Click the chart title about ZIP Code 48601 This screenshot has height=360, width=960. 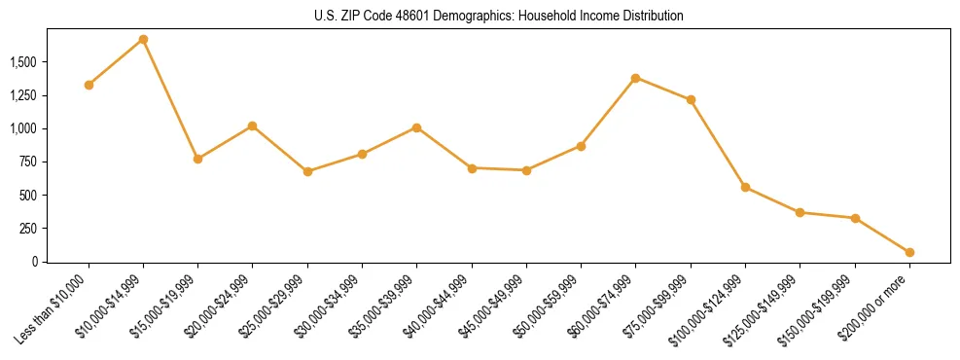click(499, 17)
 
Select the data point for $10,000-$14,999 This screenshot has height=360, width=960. click(143, 40)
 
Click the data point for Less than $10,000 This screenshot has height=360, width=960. click(89, 85)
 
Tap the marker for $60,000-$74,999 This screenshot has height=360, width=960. click(635, 78)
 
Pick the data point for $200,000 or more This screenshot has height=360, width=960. click(909, 252)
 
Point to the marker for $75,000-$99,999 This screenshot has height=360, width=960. click(691, 99)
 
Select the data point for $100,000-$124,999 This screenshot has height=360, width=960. click(745, 187)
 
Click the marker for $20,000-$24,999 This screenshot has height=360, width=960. click(253, 126)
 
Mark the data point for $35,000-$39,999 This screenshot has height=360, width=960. click(416, 127)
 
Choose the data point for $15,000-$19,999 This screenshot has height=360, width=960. click(197, 159)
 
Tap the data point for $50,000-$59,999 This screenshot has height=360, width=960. click(581, 146)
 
